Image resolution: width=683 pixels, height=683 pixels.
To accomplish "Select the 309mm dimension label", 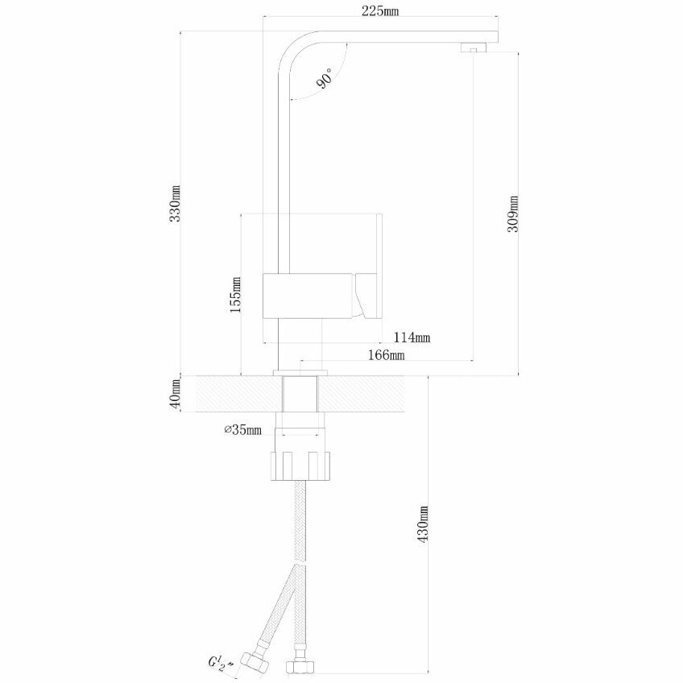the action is (x=513, y=213).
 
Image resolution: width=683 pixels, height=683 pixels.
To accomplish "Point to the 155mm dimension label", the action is (x=234, y=294).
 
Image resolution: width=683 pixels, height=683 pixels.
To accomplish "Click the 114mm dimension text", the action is (x=411, y=337).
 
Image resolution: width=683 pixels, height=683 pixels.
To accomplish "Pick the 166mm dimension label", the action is (x=384, y=354).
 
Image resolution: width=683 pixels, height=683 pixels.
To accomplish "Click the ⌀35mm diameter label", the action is (x=243, y=429).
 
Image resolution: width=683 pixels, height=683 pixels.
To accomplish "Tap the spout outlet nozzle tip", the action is (x=470, y=48).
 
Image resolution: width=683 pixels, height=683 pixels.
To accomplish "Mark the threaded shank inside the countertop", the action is (x=301, y=395).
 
